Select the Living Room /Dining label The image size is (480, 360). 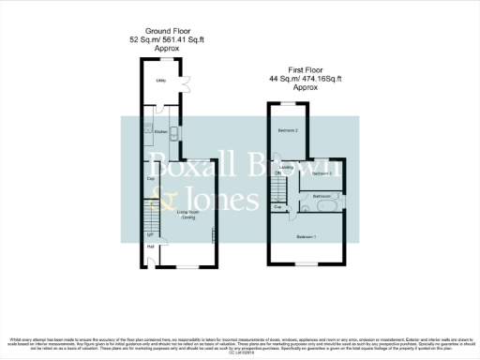point(188,214)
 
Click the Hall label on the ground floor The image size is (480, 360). point(150,247)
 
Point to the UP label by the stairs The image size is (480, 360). point(150,233)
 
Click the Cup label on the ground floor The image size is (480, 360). point(150,178)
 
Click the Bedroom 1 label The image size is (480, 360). point(307,237)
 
